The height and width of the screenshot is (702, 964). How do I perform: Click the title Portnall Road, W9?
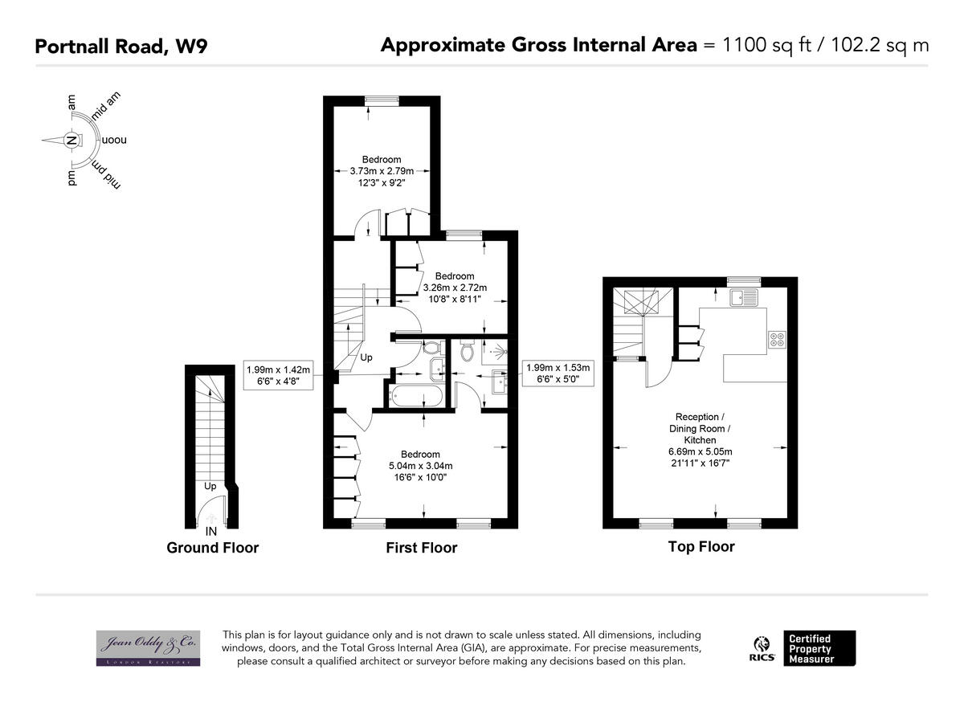(x=120, y=46)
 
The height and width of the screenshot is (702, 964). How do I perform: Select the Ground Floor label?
(x=212, y=548)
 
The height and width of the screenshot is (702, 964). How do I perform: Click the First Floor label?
(x=421, y=548)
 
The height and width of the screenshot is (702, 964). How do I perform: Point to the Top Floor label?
(x=701, y=547)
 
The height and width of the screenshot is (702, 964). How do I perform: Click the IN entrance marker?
(x=210, y=532)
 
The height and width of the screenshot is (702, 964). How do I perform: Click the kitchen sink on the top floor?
(x=745, y=298)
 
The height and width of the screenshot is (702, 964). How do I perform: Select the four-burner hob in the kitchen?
(x=778, y=339)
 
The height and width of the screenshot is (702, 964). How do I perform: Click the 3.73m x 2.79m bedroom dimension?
(x=381, y=171)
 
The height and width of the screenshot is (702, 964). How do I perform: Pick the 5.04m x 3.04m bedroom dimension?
(x=420, y=466)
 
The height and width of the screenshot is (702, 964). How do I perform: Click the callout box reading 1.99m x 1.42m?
(x=277, y=375)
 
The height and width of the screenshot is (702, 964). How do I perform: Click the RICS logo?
(x=760, y=648)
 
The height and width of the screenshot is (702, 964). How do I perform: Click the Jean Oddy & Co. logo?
(x=148, y=647)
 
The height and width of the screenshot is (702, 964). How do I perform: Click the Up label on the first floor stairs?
(x=366, y=357)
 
